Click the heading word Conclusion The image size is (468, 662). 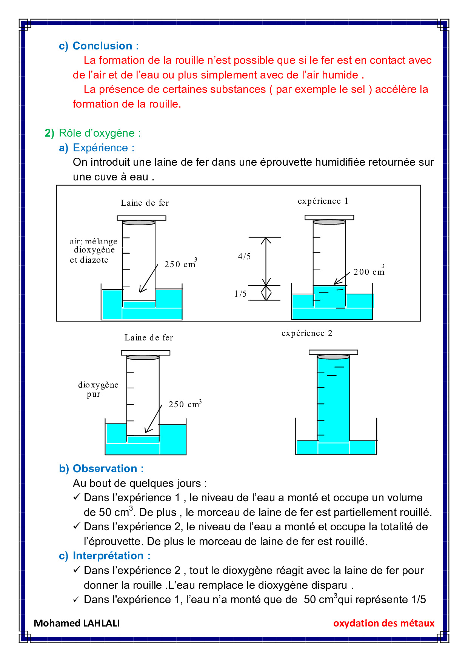click(102, 46)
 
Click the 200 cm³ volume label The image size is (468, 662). click(369, 272)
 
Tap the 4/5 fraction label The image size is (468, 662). click(244, 257)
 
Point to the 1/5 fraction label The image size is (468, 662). click(240, 294)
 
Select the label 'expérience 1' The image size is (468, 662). click(323, 201)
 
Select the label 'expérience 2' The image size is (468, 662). click(307, 333)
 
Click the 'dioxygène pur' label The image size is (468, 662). click(98, 389)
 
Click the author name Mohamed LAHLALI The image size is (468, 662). click(77, 623)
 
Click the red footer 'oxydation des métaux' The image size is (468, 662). click(384, 623)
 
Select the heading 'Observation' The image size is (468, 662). click(105, 469)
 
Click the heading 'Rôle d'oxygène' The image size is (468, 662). click(100, 133)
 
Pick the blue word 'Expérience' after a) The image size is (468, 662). click(100, 148)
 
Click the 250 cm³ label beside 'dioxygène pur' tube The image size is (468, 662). click(185, 404)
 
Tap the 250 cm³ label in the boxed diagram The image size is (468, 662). click(180, 264)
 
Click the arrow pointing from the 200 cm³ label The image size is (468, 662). click(342, 279)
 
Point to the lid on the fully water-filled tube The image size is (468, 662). click(333, 352)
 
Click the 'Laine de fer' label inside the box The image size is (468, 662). click(145, 203)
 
